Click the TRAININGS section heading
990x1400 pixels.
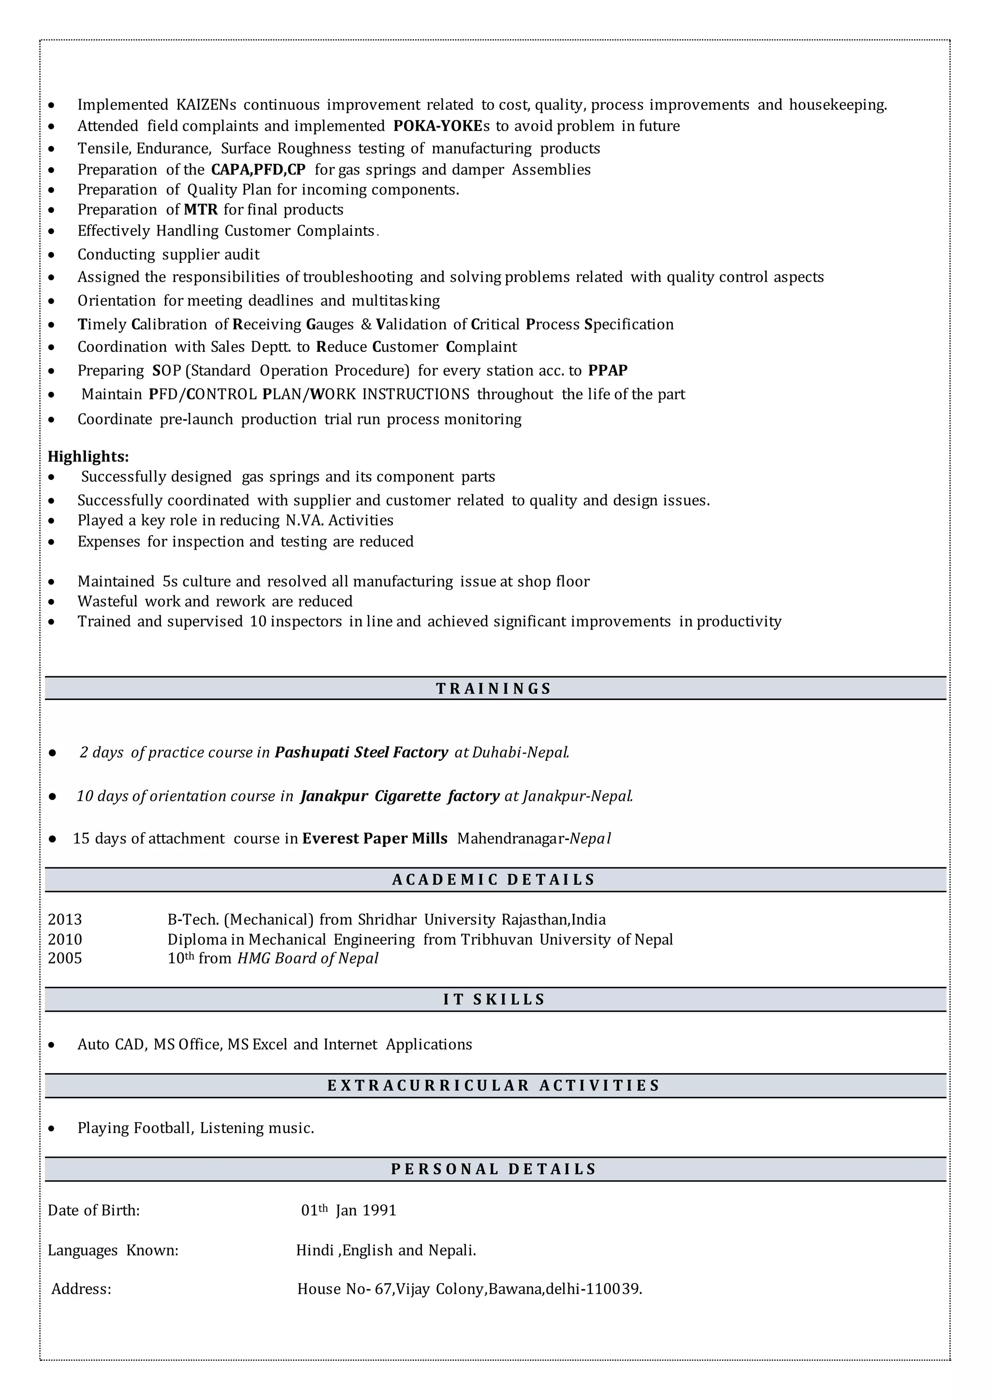494,688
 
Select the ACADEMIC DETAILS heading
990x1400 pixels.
494,879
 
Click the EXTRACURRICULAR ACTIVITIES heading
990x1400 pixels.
494,1085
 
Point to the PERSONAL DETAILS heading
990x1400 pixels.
494,1169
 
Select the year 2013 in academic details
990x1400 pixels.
65,919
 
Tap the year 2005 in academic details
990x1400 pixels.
65,959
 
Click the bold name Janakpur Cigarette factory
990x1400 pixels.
400,796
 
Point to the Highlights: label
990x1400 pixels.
88,457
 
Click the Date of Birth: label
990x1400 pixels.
94,1210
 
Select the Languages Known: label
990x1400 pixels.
113,1251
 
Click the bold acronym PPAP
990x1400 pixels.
608,371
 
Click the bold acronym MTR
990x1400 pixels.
201,210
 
